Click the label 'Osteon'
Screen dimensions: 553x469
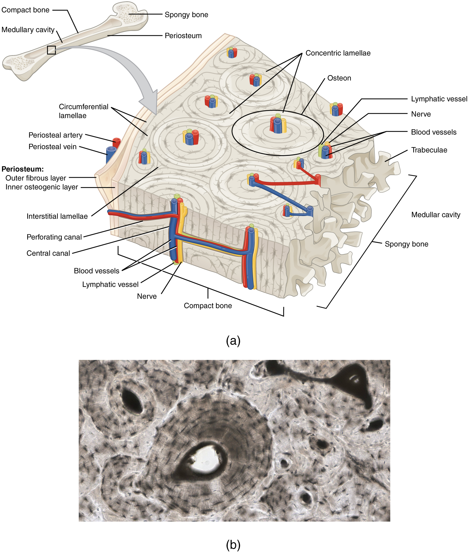(x=339, y=78)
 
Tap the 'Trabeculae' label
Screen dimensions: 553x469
(x=429, y=150)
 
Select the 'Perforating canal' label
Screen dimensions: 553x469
(x=54, y=237)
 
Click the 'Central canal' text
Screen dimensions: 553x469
(x=48, y=253)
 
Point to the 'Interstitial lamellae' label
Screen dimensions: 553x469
(x=57, y=216)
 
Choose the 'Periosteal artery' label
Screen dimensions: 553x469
(x=55, y=135)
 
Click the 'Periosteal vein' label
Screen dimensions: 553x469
(x=52, y=147)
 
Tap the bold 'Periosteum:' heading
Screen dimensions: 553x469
(x=23, y=169)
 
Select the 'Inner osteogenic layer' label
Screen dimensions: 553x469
(x=42, y=187)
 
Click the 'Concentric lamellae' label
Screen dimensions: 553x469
(x=338, y=53)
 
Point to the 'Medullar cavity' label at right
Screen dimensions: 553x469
(x=435, y=215)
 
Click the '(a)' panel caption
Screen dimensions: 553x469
(x=233, y=341)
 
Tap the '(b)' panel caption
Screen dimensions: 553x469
(x=233, y=545)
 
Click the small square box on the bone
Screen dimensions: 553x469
(x=51, y=50)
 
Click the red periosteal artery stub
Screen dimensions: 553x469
(x=116, y=142)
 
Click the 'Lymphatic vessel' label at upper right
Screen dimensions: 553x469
(x=439, y=99)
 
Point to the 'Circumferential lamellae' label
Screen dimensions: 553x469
(x=83, y=111)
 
